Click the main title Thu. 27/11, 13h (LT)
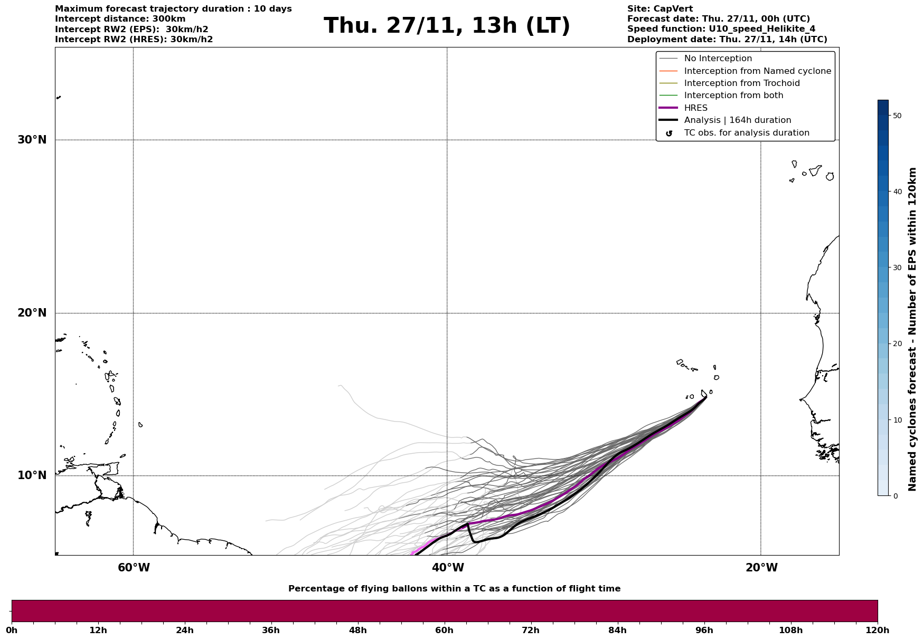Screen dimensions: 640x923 point(447,26)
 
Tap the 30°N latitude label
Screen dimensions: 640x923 point(32,140)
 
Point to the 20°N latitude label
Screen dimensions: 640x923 point(32,313)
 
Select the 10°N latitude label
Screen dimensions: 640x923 point(32,475)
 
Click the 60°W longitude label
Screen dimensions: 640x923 point(134,568)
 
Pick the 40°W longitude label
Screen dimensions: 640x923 point(448,568)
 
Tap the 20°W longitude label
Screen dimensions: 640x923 point(761,568)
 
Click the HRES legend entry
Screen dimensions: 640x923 point(695,108)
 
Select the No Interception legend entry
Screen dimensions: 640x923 point(718,59)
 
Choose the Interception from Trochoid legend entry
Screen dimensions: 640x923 point(741,83)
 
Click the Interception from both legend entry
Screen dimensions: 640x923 point(733,95)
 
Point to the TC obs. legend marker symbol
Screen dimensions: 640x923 point(669,133)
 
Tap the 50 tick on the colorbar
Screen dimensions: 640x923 point(897,116)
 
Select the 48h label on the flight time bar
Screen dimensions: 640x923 point(357,631)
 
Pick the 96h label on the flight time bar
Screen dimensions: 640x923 point(704,631)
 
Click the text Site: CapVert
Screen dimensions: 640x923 point(660,9)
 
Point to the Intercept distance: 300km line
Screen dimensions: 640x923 point(120,19)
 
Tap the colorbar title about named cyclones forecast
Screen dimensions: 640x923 point(912,329)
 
